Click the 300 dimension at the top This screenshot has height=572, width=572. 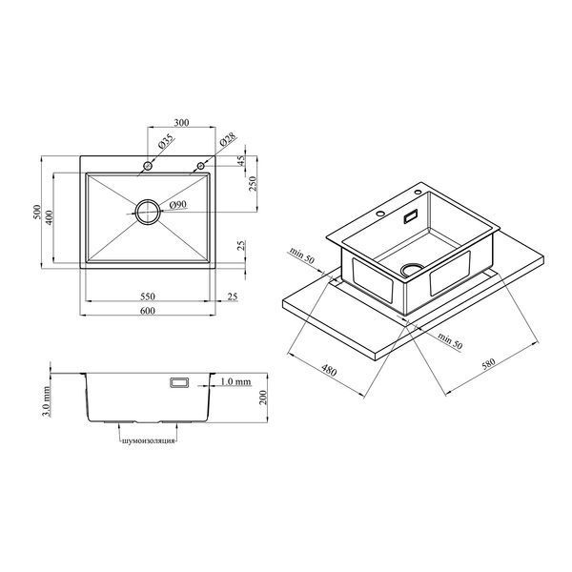click(181, 123)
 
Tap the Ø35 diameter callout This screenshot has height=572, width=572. click(166, 141)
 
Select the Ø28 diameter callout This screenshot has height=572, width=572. click(229, 140)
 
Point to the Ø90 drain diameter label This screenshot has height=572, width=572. click(178, 205)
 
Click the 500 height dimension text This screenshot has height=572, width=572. click(37, 212)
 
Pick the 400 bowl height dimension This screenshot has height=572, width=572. click(50, 217)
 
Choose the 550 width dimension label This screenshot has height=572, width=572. click(148, 296)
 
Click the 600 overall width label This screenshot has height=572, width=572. click(148, 311)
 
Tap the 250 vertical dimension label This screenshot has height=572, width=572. click(253, 183)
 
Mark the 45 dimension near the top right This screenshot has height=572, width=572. click(241, 160)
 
